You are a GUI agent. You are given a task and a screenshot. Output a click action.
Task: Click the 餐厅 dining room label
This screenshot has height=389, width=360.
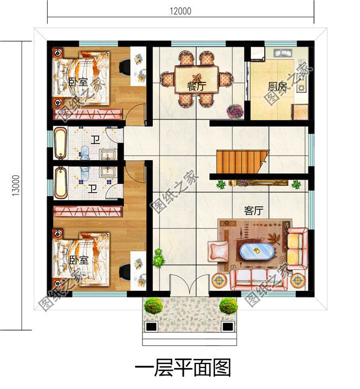tap(197, 86)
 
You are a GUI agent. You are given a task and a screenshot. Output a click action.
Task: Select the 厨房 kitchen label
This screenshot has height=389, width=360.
tap(277, 86)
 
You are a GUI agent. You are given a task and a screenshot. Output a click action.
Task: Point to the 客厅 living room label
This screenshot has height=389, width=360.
tap(253, 211)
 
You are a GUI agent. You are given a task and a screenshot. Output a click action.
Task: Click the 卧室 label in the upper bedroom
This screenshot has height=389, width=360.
tap(78, 82)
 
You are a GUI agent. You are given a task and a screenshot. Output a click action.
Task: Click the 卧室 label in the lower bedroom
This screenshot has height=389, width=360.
tap(78, 259)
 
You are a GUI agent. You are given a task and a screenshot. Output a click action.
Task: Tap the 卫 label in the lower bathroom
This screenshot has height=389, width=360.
tap(92, 189)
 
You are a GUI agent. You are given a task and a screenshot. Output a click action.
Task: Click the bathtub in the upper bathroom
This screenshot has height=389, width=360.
tap(60, 143)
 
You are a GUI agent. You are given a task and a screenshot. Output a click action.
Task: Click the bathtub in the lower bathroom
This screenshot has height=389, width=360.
tap(60, 181)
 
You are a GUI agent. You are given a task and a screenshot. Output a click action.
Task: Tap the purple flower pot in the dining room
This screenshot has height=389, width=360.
tap(235, 111)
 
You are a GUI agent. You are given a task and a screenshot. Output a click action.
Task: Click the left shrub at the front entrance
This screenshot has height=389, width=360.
tap(153, 305)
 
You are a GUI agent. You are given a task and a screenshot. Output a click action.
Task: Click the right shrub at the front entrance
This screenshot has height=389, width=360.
tap(228, 305)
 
